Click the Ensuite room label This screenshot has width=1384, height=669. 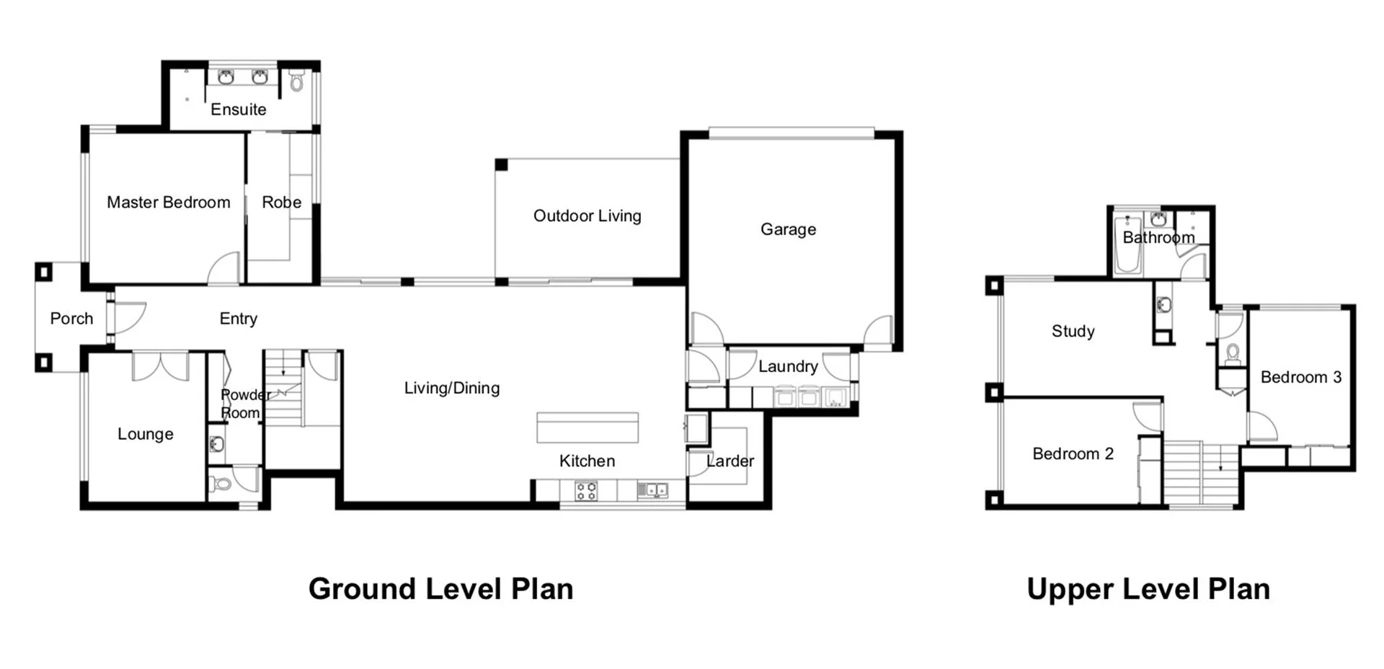click(238, 110)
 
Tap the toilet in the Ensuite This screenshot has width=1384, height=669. click(296, 81)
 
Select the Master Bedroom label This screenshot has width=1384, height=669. click(168, 203)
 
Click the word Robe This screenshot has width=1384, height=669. click(281, 203)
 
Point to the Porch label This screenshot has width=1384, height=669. click(71, 319)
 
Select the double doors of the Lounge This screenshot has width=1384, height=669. click(160, 365)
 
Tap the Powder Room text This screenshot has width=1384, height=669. click(243, 404)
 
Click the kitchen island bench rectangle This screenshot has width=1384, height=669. click(587, 427)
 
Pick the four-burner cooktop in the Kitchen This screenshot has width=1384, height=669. click(586, 491)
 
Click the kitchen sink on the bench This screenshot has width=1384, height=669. click(653, 490)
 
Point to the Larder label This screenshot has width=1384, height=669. click(730, 461)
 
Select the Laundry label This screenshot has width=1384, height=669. click(788, 366)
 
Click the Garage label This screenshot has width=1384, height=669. click(788, 229)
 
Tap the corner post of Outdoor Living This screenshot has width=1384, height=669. click(502, 165)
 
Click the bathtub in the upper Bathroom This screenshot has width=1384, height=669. click(1127, 245)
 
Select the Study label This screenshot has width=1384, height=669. click(1073, 332)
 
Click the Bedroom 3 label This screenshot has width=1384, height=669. click(1300, 377)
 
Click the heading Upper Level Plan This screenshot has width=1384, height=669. click(1148, 589)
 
